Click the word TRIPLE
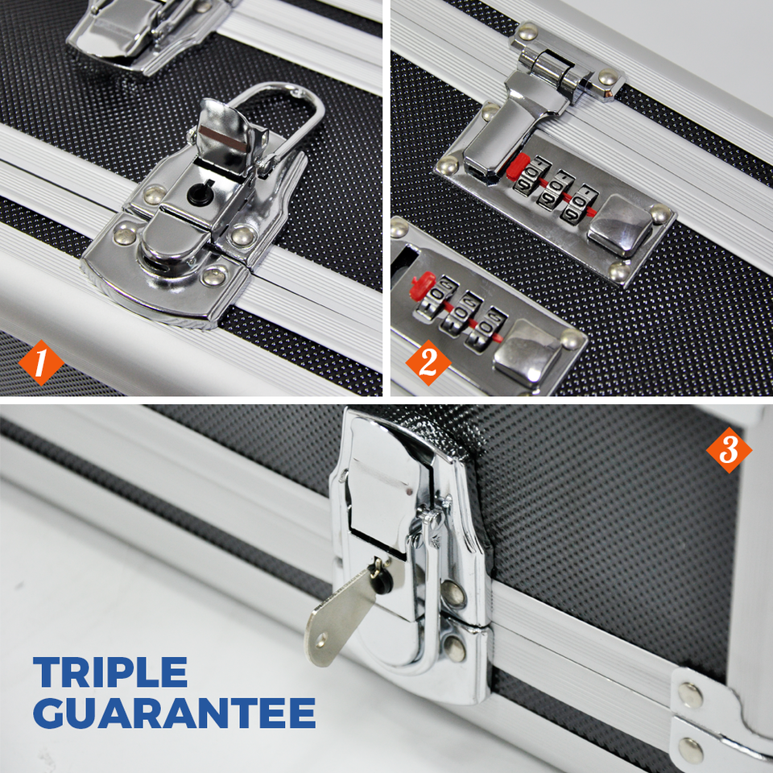[x=110, y=672]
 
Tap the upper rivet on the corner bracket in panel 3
[x=690, y=694]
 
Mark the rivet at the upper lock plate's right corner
[x=659, y=214]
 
